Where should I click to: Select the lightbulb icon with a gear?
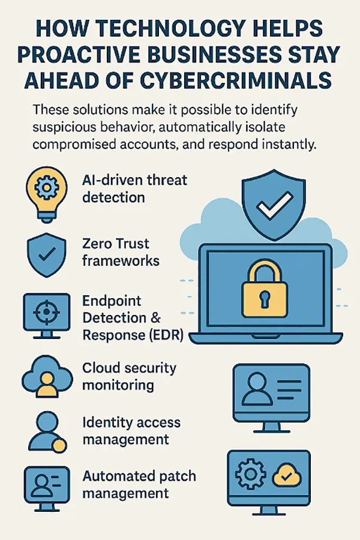click(x=44, y=190)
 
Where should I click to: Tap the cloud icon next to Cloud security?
click(x=44, y=378)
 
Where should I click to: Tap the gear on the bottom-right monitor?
click(x=251, y=477)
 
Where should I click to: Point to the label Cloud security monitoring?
click(x=129, y=376)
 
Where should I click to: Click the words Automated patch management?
click(x=139, y=485)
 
